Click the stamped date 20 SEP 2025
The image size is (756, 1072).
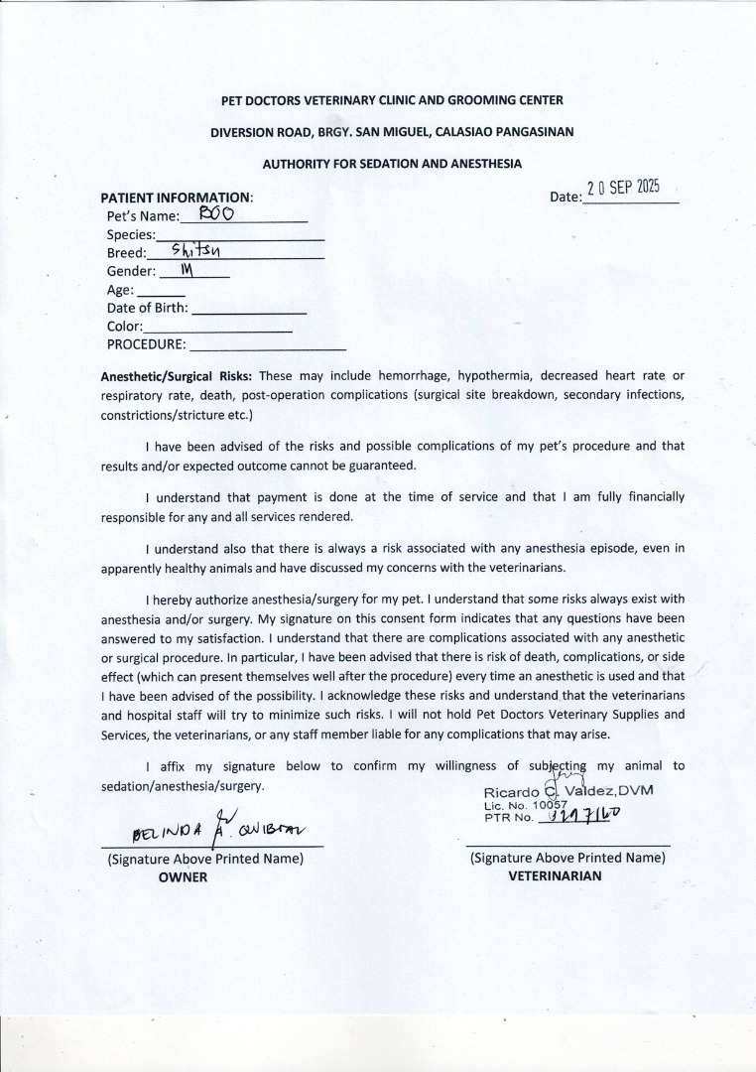623,190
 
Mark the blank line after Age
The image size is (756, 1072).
161,295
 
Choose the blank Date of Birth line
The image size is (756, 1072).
248,312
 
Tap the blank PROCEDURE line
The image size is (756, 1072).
267,348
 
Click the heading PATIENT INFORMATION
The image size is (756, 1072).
177,198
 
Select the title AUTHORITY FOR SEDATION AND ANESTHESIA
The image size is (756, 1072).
392,163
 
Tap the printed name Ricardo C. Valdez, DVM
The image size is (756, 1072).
568,791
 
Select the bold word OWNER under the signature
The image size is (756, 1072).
184,876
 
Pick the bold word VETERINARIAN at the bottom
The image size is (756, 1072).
555,876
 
